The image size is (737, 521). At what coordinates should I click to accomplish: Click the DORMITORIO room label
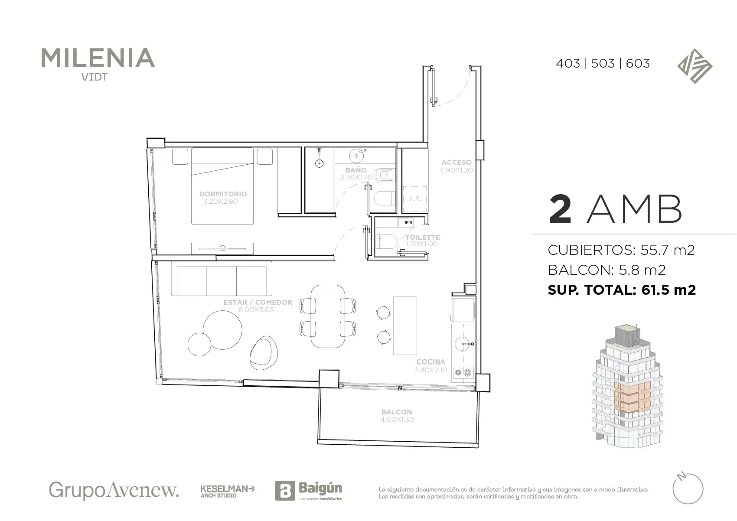coord(223,194)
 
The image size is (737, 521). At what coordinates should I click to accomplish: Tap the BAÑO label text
coord(356,170)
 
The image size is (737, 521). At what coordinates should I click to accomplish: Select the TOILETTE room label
coord(422,237)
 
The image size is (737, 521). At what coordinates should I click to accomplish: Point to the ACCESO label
coord(457,162)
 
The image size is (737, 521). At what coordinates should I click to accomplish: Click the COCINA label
coord(430,362)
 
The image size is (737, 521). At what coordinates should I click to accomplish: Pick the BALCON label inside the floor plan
coord(397,412)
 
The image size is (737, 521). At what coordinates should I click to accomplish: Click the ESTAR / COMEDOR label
coord(258,302)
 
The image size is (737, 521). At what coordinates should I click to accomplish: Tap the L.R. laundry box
coord(415,199)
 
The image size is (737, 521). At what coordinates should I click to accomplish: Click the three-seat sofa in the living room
coord(222,279)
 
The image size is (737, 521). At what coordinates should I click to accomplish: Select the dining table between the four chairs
coord(328,316)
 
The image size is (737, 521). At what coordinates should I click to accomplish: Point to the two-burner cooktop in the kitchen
coord(463,373)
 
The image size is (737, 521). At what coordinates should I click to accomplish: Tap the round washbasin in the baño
coord(356,156)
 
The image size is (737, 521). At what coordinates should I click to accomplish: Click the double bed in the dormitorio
coord(222,186)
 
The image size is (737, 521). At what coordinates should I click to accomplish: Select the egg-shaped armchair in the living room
coord(264,353)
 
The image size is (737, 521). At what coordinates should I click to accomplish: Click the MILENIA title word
coord(98,58)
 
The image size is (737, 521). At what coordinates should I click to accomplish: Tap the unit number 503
coord(603,63)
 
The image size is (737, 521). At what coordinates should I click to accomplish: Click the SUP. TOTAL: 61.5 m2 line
coord(622,290)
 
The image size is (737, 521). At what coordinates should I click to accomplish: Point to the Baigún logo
coord(309,490)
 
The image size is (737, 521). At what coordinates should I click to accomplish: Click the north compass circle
coord(687,488)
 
